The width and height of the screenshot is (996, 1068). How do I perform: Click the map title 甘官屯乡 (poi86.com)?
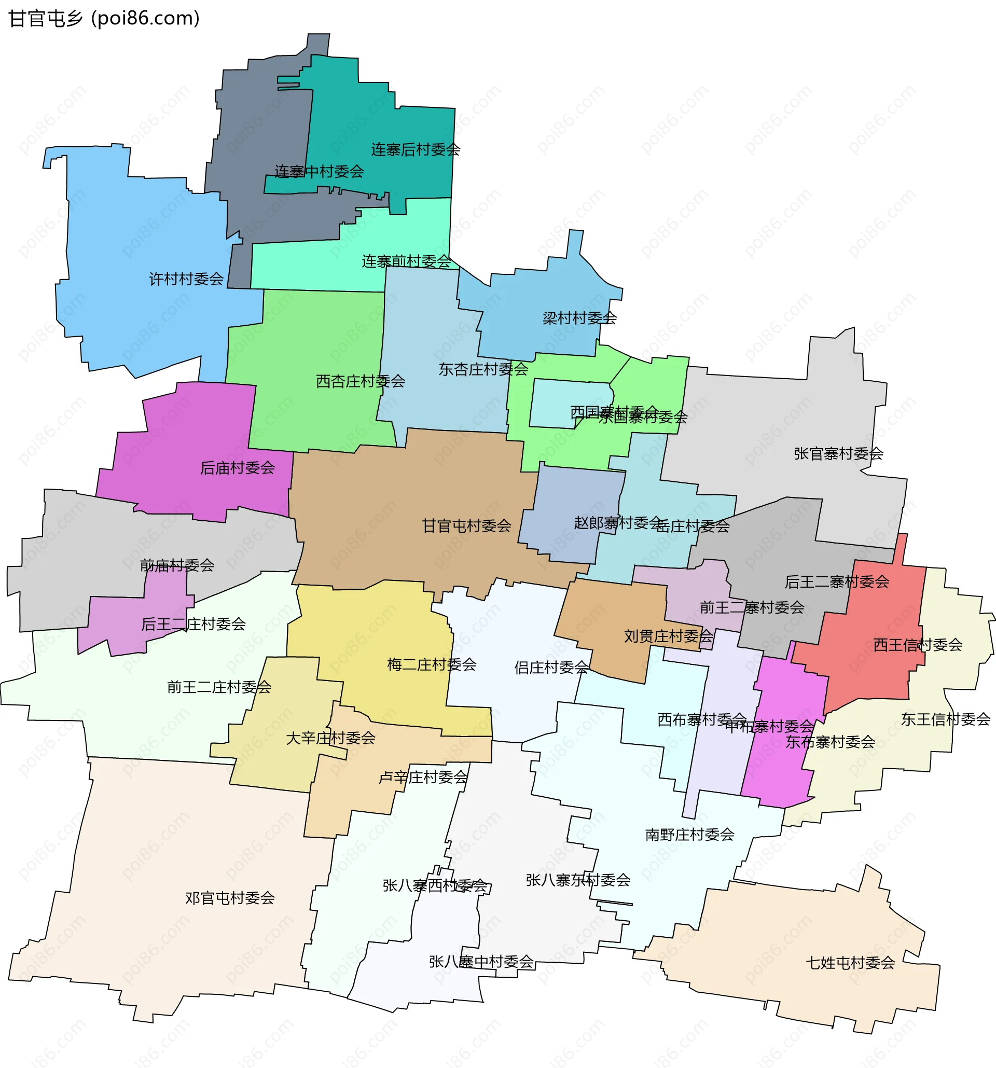104,18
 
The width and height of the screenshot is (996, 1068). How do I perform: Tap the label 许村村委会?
186,279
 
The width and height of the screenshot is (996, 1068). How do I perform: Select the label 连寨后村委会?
416,149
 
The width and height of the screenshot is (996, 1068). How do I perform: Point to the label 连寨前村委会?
406,261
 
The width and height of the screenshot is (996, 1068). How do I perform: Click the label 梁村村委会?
579,318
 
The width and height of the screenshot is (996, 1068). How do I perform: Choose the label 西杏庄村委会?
360,381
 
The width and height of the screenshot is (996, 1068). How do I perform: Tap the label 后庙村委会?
237,468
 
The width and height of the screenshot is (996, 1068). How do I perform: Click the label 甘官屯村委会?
466,525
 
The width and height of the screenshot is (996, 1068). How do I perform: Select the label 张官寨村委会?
838,453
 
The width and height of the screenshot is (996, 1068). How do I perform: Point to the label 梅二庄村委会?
432,664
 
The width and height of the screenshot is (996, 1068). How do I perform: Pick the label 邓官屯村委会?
229,898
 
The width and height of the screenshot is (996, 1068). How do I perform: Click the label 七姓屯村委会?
850,963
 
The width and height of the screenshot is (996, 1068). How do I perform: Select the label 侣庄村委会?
551,667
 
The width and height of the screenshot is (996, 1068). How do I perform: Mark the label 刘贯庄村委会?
668,636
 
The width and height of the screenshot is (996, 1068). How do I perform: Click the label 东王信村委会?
945,719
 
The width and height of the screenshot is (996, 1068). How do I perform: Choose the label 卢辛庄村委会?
423,777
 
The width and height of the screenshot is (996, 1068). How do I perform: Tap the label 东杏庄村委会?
483,369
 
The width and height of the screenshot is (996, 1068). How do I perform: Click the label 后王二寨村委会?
836,581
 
